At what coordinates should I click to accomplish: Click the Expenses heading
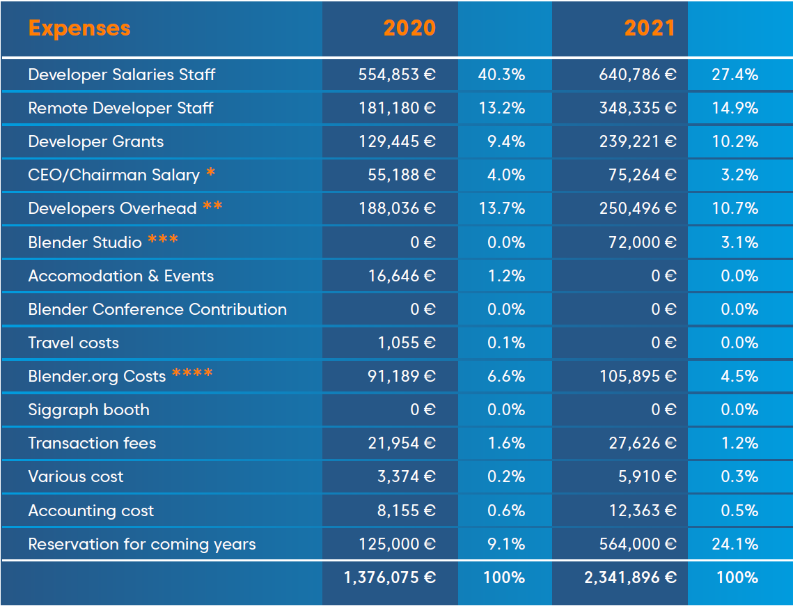click(x=79, y=29)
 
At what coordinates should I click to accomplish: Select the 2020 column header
click(x=409, y=29)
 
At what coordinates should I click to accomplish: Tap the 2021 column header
click(x=650, y=29)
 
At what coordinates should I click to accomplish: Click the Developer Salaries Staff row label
click(x=122, y=75)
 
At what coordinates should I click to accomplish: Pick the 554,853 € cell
click(x=397, y=75)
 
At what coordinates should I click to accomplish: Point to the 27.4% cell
click(x=735, y=75)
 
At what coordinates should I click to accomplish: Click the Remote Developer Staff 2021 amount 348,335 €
click(x=638, y=108)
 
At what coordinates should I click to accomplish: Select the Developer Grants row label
click(x=96, y=141)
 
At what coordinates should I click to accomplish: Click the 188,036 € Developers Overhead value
click(x=397, y=208)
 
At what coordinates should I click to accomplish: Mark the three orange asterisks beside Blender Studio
click(x=163, y=240)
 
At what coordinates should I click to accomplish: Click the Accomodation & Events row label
click(x=121, y=276)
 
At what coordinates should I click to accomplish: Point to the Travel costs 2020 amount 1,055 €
click(x=407, y=343)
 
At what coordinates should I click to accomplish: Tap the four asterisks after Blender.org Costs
click(x=192, y=374)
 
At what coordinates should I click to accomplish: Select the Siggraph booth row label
click(x=88, y=410)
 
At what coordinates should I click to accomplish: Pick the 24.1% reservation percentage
click(x=735, y=544)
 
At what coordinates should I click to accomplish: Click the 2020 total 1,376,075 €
click(x=390, y=577)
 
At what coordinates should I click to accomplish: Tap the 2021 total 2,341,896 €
click(x=631, y=577)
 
